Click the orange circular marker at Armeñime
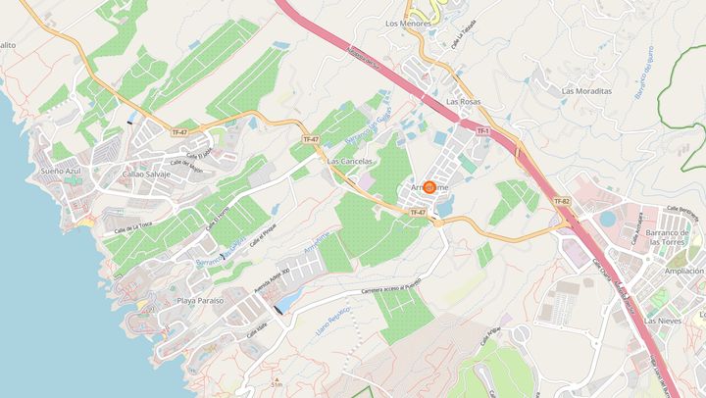(x=429, y=186)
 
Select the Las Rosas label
(x=463, y=101)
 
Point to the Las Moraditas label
(x=586, y=90)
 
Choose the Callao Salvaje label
(x=146, y=173)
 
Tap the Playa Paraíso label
(x=201, y=300)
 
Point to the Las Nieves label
(x=670, y=321)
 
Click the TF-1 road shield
(x=482, y=130)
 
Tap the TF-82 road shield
(x=561, y=201)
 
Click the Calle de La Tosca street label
(x=132, y=227)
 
